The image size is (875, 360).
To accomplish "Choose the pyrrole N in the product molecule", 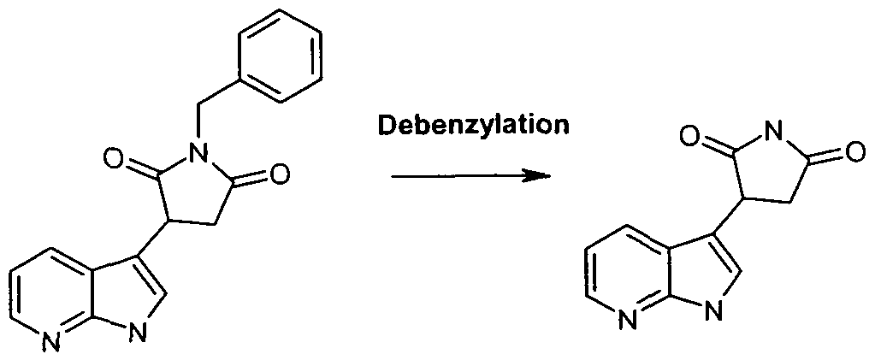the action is [x=712, y=310].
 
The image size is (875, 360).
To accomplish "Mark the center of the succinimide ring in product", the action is [x=770, y=170].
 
